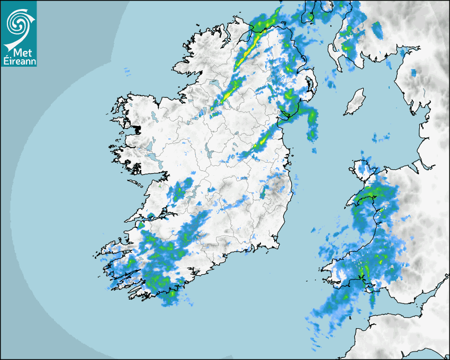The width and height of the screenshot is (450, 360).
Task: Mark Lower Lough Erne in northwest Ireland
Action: [x=214, y=85]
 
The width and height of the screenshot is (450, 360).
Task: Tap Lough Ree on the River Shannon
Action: [x=209, y=154]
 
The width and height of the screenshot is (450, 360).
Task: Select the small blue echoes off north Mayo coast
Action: [x=127, y=70]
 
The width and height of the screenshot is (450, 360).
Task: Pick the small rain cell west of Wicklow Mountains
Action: [x=262, y=194]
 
